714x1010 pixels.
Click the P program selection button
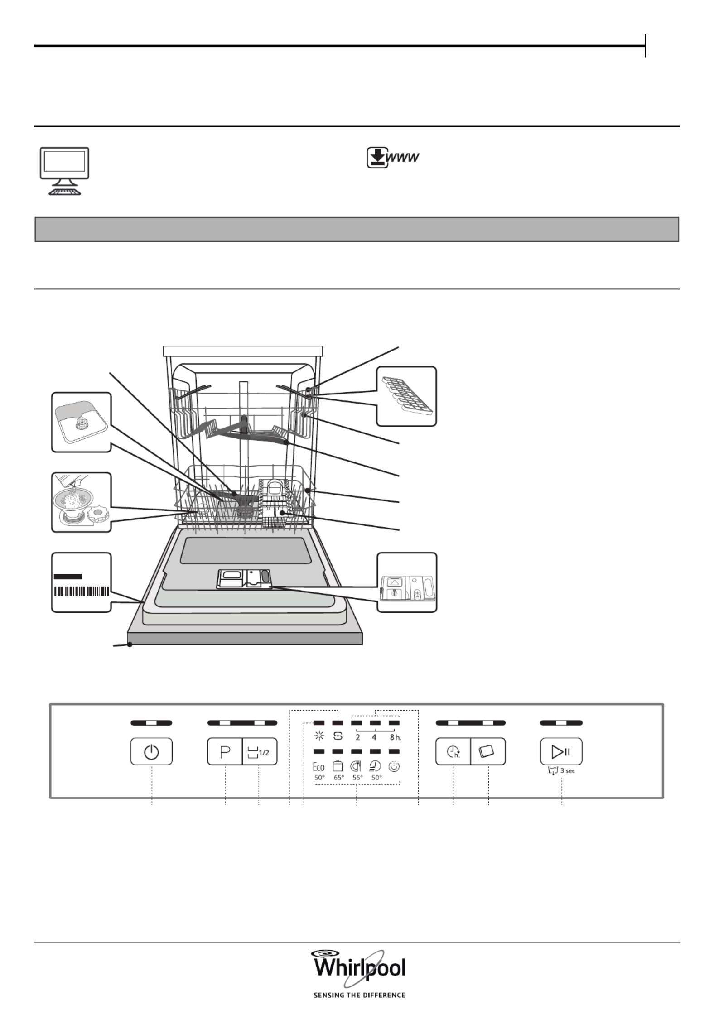click(x=225, y=751)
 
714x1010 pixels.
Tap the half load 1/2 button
click(x=260, y=751)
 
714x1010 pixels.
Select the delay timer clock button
click(x=453, y=751)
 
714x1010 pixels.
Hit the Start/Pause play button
click(x=561, y=751)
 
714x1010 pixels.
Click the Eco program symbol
click(x=319, y=767)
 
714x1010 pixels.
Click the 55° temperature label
click(x=358, y=778)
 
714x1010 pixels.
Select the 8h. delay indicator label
click(x=396, y=737)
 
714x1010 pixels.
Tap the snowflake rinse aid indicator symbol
click(x=319, y=736)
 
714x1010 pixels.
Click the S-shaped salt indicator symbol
click(x=338, y=736)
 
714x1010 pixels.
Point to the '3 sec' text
click(x=568, y=770)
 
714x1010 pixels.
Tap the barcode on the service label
click(x=82, y=591)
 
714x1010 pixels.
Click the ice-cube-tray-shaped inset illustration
click(x=407, y=396)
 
